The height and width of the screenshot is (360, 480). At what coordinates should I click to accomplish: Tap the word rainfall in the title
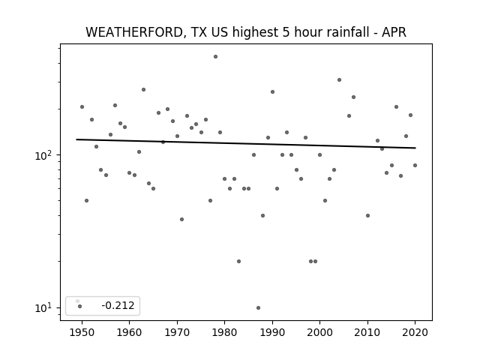coord(350,32)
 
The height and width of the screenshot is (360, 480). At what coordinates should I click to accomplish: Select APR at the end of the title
coord(394,32)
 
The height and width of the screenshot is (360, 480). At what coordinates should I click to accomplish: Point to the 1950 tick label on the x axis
coord(82,332)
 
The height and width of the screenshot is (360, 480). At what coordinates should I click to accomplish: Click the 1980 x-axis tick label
coord(225,332)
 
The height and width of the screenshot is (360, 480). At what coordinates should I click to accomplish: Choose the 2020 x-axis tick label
coord(415,332)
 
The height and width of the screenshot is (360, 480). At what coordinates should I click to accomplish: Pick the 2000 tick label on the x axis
coord(320,332)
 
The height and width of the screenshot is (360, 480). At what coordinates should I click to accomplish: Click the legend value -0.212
coord(118,305)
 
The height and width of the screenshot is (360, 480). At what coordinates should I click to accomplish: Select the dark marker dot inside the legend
coord(80,306)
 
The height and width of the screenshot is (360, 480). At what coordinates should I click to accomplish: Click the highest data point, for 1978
coord(215,57)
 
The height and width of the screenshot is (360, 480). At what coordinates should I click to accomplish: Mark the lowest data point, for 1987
coord(258,307)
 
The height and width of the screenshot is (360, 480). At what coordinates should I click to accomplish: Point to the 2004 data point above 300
coord(339,80)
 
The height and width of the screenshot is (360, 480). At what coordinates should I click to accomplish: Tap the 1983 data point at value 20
coord(238,262)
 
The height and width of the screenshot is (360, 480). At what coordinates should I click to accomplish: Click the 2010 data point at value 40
coord(367,215)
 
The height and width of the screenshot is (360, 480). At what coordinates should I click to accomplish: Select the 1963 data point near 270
coord(143,90)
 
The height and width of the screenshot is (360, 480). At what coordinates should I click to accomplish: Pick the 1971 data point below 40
coord(181,219)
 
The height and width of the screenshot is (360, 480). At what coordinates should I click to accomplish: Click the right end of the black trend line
coord(415,148)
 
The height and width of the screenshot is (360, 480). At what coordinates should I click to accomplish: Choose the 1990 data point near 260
coord(272,91)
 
